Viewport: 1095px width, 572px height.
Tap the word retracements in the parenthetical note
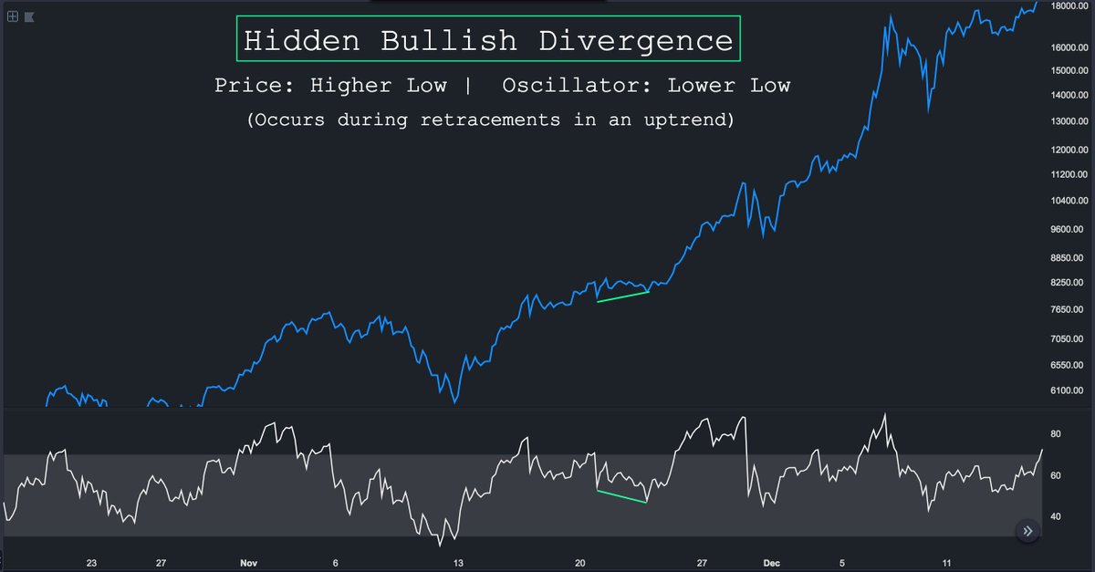[x=490, y=120]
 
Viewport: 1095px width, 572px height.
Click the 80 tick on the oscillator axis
[x=1055, y=434]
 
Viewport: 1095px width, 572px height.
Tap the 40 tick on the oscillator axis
[x=1055, y=516]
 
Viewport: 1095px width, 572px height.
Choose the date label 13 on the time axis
[x=459, y=563]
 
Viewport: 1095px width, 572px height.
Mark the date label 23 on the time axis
[x=91, y=563]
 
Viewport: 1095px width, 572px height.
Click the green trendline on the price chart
[x=622, y=296]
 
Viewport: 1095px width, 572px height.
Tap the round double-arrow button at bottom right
[x=1027, y=531]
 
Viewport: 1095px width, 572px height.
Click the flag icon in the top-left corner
[x=29, y=16]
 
